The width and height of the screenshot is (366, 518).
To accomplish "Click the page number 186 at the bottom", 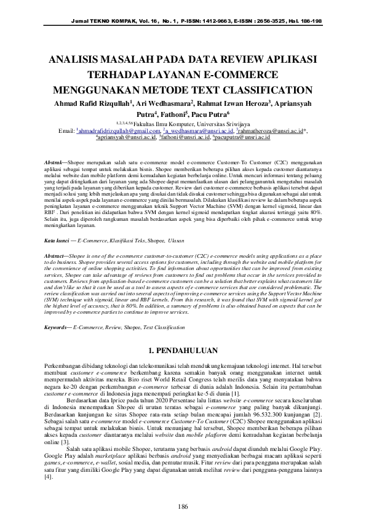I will tap(183, 489).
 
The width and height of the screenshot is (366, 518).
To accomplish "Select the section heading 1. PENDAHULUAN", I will tap(183, 349).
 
